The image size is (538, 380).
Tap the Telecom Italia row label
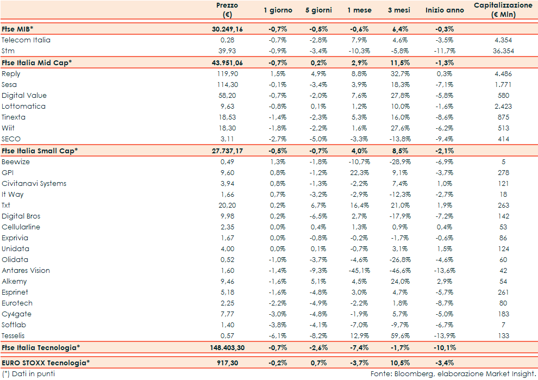[26, 40]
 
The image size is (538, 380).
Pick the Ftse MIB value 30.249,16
[227, 29]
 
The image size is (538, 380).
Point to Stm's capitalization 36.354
[503, 51]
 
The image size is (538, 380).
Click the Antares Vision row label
[26, 271]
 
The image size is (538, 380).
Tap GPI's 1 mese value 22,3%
[359, 173]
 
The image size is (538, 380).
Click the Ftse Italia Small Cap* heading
[40, 151]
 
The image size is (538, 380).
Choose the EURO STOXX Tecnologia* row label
[46, 362]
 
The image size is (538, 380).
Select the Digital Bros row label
[21, 216]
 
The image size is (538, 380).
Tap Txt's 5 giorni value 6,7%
[318, 205]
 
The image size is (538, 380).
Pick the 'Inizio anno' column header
[445, 10]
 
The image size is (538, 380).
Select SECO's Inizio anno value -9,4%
[445, 139]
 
